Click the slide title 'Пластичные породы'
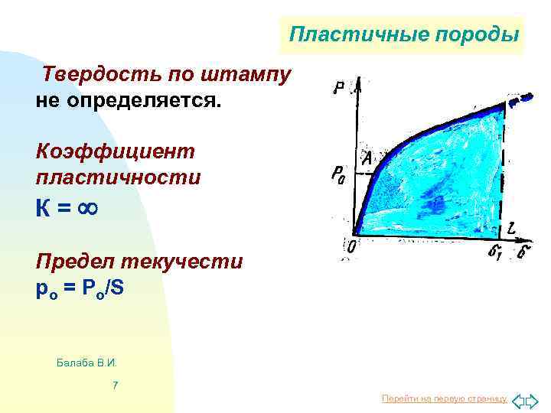(404, 35)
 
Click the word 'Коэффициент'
(116, 151)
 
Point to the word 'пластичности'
(119, 177)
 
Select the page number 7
(115, 385)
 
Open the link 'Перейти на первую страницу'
(444, 399)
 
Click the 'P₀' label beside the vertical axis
(337, 175)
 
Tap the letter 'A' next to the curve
(366, 159)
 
